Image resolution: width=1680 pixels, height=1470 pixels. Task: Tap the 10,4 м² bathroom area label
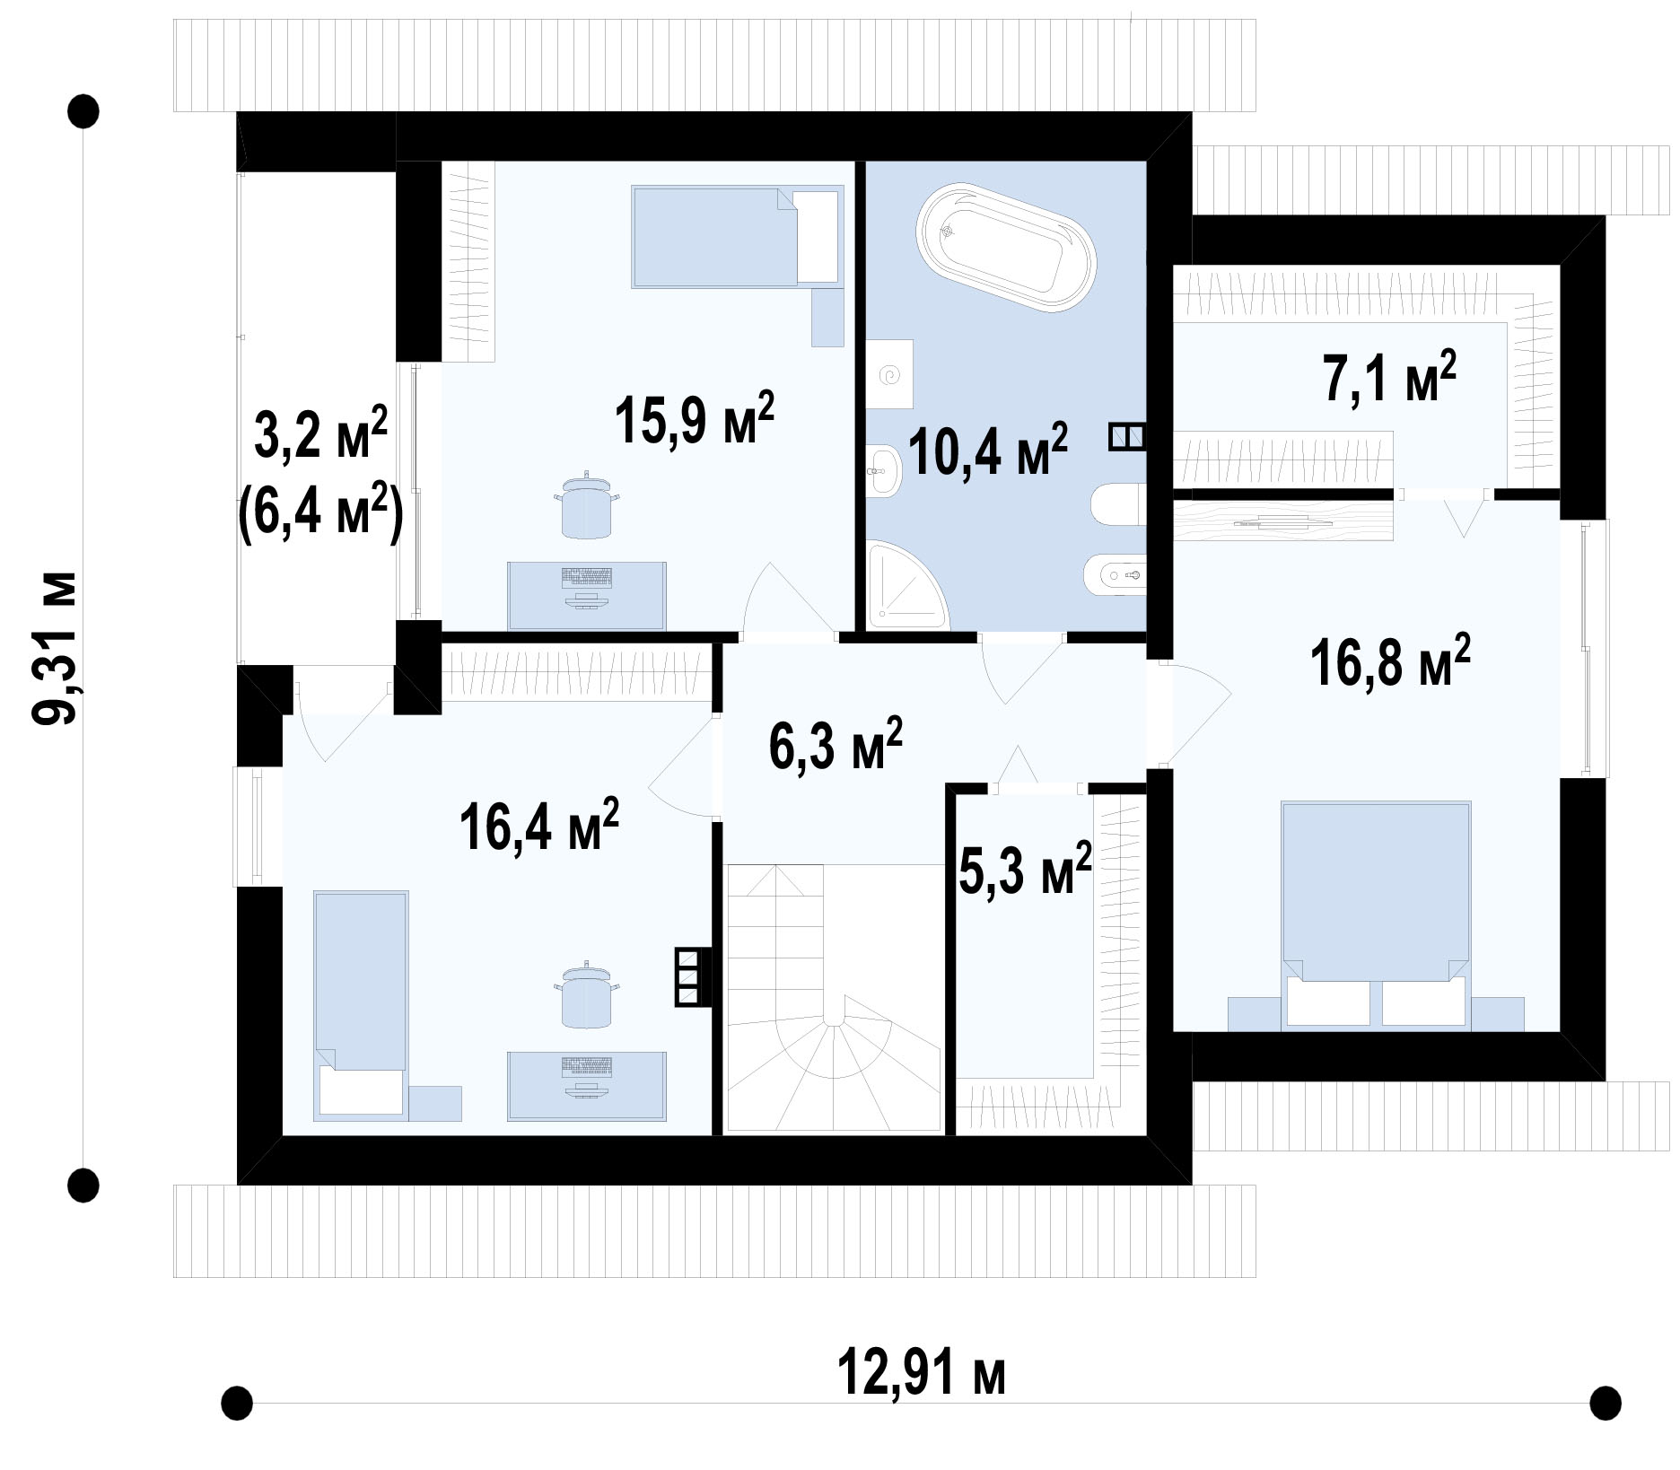click(988, 449)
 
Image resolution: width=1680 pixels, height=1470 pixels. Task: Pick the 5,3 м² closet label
click(1025, 868)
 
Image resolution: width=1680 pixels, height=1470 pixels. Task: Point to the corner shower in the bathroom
click(905, 582)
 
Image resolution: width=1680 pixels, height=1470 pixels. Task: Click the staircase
click(833, 997)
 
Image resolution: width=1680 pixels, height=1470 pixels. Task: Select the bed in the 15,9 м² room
click(738, 237)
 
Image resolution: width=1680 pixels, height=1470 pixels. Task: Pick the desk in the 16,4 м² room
click(587, 1086)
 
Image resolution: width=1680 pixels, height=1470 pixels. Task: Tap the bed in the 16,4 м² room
click(361, 1006)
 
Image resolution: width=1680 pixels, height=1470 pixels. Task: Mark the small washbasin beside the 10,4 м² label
click(884, 468)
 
